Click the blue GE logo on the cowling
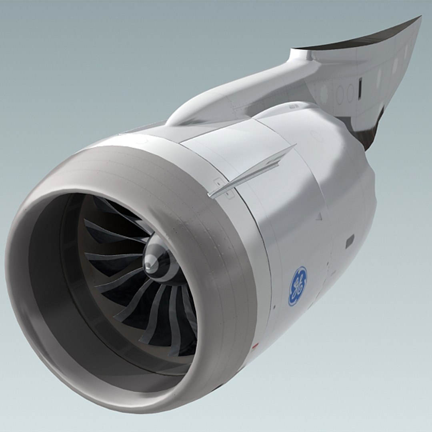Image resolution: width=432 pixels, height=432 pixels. click(298, 286)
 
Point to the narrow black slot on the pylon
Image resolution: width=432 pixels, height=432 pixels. click(360, 88)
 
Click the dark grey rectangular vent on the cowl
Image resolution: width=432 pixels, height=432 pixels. click(350, 241)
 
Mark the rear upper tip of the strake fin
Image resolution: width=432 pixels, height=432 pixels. click(294, 146)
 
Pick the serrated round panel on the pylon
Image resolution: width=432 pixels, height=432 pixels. click(324, 93)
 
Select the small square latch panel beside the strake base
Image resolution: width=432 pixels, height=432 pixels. click(218, 182)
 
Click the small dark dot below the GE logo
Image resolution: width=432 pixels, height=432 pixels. click(274, 307)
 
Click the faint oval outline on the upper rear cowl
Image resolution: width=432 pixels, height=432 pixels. click(317, 136)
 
